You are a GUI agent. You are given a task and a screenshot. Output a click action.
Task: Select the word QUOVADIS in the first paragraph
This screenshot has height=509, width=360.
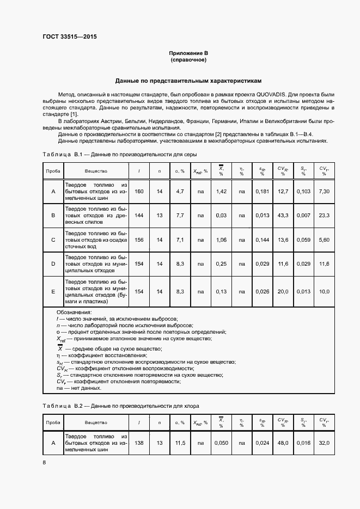click(x=265, y=94)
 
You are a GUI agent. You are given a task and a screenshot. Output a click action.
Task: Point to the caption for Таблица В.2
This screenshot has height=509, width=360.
click(x=121, y=406)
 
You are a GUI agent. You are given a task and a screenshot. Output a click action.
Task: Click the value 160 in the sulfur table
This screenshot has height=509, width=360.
click(x=139, y=192)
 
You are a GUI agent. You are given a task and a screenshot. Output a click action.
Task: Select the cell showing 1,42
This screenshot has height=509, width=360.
click(x=221, y=192)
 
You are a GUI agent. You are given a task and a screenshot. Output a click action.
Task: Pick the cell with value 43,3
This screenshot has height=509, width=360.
click(x=283, y=216)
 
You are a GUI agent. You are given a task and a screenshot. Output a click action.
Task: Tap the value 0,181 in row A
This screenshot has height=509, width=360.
click(x=262, y=192)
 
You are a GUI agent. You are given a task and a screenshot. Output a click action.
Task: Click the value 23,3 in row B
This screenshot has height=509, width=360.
click(x=324, y=216)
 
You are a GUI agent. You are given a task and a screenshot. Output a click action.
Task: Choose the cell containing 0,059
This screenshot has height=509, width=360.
click(x=303, y=240)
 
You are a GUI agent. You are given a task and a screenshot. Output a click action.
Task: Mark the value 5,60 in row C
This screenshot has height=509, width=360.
click(x=324, y=240)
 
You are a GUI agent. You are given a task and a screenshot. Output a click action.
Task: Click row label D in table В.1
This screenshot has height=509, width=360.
click(x=53, y=263)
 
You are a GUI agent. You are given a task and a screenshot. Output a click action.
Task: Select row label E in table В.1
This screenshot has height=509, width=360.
click(x=53, y=291)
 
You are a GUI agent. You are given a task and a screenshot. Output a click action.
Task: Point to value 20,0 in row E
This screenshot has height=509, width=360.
click(x=283, y=291)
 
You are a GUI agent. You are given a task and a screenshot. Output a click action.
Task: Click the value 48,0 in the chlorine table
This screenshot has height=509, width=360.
click(x=283, y=443)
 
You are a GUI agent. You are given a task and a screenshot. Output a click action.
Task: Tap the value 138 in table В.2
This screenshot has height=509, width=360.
click(x=139, y=443)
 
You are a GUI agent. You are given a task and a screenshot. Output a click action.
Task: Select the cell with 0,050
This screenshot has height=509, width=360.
click(x=221, y=443)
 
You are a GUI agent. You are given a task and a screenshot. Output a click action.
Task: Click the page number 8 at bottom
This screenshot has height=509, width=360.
click(x=44, y=463)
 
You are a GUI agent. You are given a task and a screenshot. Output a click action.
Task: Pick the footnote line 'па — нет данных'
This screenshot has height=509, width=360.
click(x=79, y=388)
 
